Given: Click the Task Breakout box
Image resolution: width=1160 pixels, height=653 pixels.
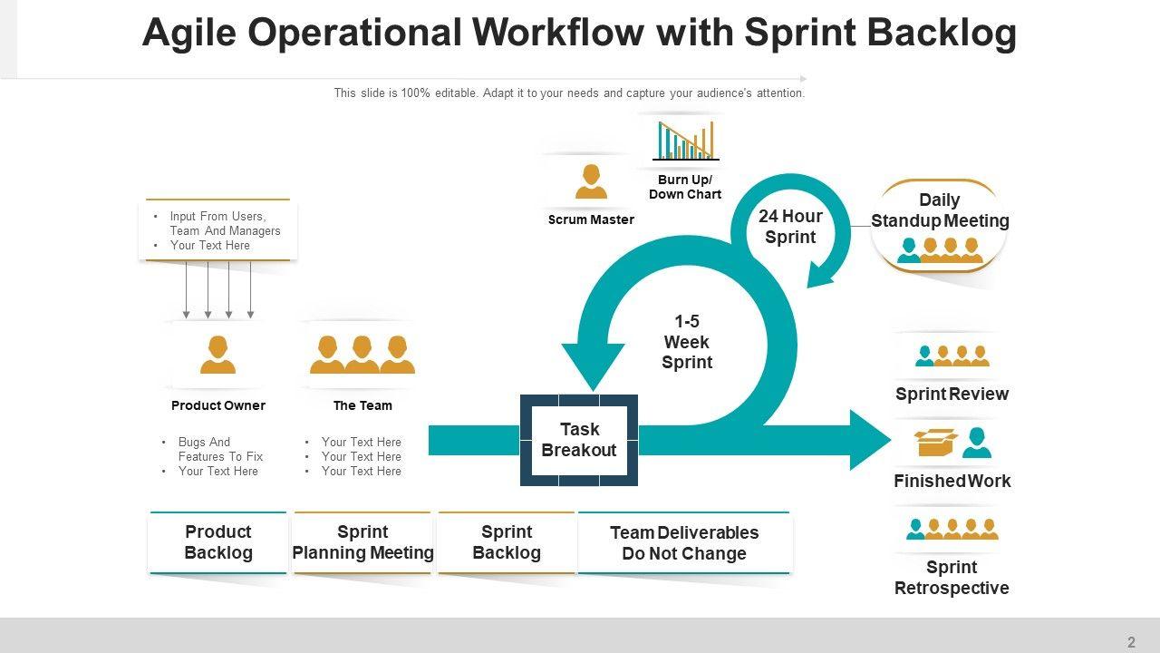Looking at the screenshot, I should click(x=579, y=440).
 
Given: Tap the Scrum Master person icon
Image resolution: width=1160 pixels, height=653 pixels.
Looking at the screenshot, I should click(x=591, y=181).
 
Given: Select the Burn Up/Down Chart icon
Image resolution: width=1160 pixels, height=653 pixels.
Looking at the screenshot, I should click(x=685, y=141).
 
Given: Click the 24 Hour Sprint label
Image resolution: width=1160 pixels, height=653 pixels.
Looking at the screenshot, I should click(x=790, y=227).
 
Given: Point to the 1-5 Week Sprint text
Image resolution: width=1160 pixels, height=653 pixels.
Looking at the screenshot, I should click(x=687, y=342).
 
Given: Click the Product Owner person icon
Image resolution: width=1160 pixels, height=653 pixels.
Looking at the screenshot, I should click(x=217, y=355).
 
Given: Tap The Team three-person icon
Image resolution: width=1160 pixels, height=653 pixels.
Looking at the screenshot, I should click(x=362, y=355).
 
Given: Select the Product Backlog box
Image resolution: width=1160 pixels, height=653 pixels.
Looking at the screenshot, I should click(x=217, y=542).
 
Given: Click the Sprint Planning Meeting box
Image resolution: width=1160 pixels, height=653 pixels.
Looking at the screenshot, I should click(x=362, y=542).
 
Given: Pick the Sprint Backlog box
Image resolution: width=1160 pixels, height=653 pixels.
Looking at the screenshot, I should click(x=507, y=542).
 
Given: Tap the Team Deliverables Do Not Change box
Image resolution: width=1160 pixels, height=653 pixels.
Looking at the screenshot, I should click(x=684, y=543).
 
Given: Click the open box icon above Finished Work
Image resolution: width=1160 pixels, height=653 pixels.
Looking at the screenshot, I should click(x=935, y=442).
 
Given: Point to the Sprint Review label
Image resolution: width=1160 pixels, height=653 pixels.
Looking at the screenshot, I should click(x=952, y=394).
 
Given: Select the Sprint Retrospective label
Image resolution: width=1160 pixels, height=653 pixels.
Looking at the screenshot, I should click(x=952, y=578).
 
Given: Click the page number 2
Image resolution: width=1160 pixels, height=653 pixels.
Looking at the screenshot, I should click(x=1131, y=642).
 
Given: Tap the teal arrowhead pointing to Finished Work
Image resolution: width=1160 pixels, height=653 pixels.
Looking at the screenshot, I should click(x=870, y=440).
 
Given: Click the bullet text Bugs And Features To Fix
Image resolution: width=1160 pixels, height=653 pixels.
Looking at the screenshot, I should click(x=220, y=449).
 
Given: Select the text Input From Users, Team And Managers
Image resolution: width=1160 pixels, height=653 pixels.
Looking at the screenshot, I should click(x=225, y=223).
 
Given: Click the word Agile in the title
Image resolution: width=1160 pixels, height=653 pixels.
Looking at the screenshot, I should click(x=188, y=34).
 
